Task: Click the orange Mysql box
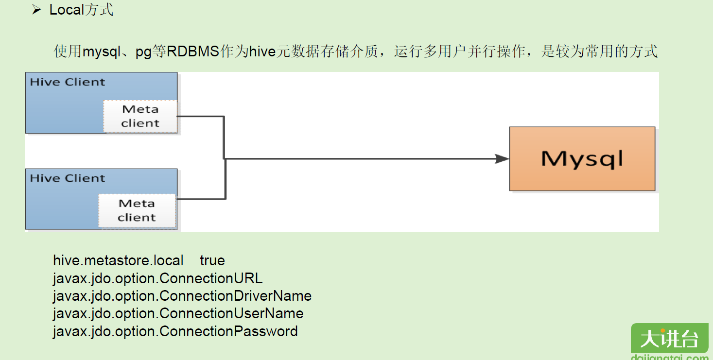tap(582, 159)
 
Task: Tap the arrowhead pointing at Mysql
tap(502, 158)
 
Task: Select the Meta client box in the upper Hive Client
tap(140, 116)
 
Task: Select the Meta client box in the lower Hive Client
tap(137, 210)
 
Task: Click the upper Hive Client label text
tap(68, 82)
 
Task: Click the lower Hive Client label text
tap(68, 178)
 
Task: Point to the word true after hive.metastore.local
tap(212, 260)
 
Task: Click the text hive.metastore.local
tap(118, 260)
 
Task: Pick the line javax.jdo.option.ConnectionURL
tap(157, 278)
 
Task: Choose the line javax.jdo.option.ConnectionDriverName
tap(182, 296)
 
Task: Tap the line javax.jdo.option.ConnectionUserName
tap(178, 313)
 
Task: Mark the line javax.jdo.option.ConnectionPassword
tap(175, 331)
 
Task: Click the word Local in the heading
tap(67, 10)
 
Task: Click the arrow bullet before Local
tap(36, 10)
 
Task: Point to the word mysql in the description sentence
tap(101, 51)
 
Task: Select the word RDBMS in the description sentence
tap(193, 51)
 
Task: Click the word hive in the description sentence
tap(262, 51)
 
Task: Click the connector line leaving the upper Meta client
tap(199, 117)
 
